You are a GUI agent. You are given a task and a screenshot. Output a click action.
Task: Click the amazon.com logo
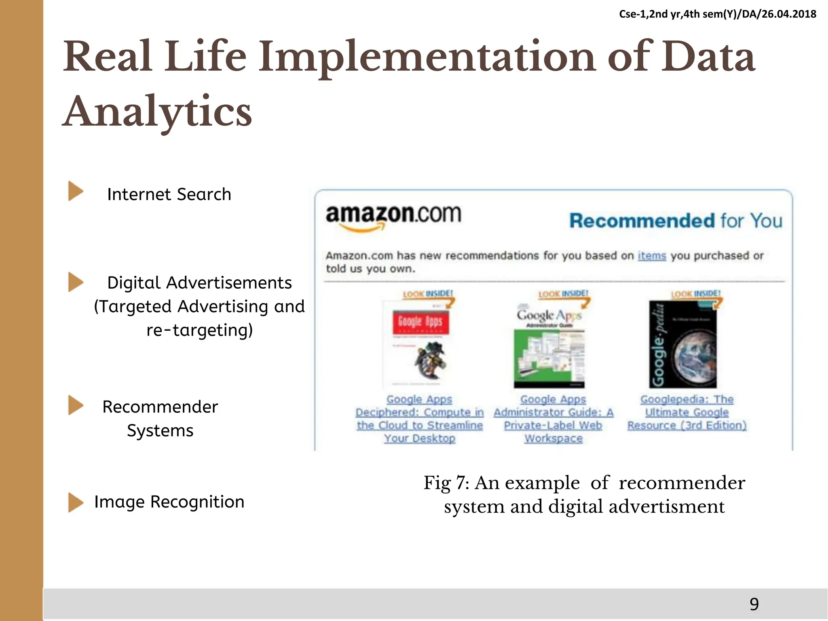coord(393,216)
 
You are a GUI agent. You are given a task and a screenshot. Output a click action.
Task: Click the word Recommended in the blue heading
coord(642,221)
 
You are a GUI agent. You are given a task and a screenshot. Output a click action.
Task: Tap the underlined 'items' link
coord(651,256)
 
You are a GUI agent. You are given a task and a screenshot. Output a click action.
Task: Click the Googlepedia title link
coord(686,412)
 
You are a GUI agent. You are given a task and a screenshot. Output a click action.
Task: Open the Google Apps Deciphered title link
coord(419,418)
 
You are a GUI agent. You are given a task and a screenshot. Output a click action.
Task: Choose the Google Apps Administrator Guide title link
coord(553,418)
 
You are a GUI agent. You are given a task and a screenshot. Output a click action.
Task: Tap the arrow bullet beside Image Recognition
coord(75,502)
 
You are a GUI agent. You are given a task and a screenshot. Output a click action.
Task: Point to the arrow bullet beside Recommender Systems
coord(75,405)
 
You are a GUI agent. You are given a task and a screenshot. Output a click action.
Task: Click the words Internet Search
coord(169,194)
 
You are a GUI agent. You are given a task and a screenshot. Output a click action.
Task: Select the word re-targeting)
coord(199,330)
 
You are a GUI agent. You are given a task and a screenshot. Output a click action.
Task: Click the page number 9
coord(754,604)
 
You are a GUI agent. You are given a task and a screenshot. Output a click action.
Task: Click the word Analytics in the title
coord(158,111)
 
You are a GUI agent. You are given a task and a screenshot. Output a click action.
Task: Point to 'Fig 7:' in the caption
coord(446,483)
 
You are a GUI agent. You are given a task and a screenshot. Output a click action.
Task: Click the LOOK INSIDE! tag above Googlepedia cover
coord(695,294)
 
